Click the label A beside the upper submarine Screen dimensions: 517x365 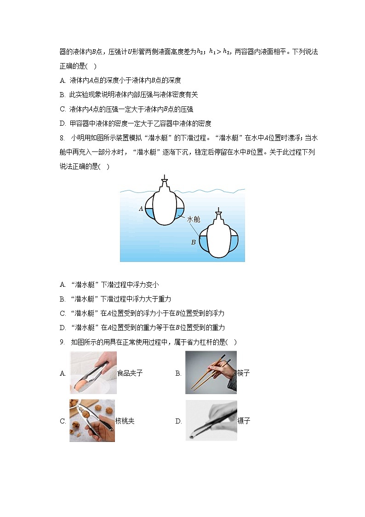tap(141, 209)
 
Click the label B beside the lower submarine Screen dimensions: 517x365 tap(193, 242)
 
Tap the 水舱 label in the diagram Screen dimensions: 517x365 tap(194, 220)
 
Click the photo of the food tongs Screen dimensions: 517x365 tap(93, 373)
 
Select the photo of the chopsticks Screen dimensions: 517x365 tap(211, 372)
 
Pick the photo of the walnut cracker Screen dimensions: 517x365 tap(92, 421)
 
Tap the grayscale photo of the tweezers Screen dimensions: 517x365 tap(211, 421)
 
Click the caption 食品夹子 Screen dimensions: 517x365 tap(130, 373)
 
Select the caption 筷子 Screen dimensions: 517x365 tap(243, 373)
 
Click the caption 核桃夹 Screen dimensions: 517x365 tap(125, 421)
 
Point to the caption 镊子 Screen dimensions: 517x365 tap(244, 421)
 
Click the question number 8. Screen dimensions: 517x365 tap(62, 138)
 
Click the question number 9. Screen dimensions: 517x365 tap(62, 342)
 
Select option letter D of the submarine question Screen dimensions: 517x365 tap(63, 327)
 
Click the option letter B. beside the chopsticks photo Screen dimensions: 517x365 tap(178, 373)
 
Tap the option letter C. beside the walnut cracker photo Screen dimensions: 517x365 tap(63, 421)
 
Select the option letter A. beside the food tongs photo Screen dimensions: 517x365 tap(63, 373)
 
